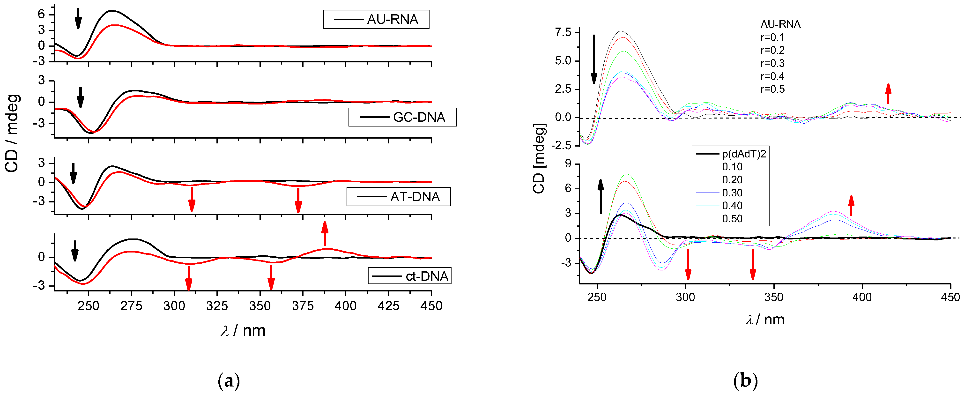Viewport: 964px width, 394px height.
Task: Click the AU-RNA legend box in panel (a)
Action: tap(376, 19)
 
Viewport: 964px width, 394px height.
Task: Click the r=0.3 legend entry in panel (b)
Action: tap(772, 63)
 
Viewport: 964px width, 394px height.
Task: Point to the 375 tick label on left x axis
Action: tap(302, 306)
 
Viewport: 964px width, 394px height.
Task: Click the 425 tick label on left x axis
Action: tap(388, 306)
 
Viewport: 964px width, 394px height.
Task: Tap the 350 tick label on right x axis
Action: tap(773, 297)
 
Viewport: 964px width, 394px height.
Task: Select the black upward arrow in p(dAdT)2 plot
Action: tap(601, 196)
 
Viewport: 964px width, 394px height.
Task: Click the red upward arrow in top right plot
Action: tap(888, 94)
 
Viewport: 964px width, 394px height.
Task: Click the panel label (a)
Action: tap(228, 381)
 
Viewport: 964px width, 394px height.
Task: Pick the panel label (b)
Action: tap(745, 381)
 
